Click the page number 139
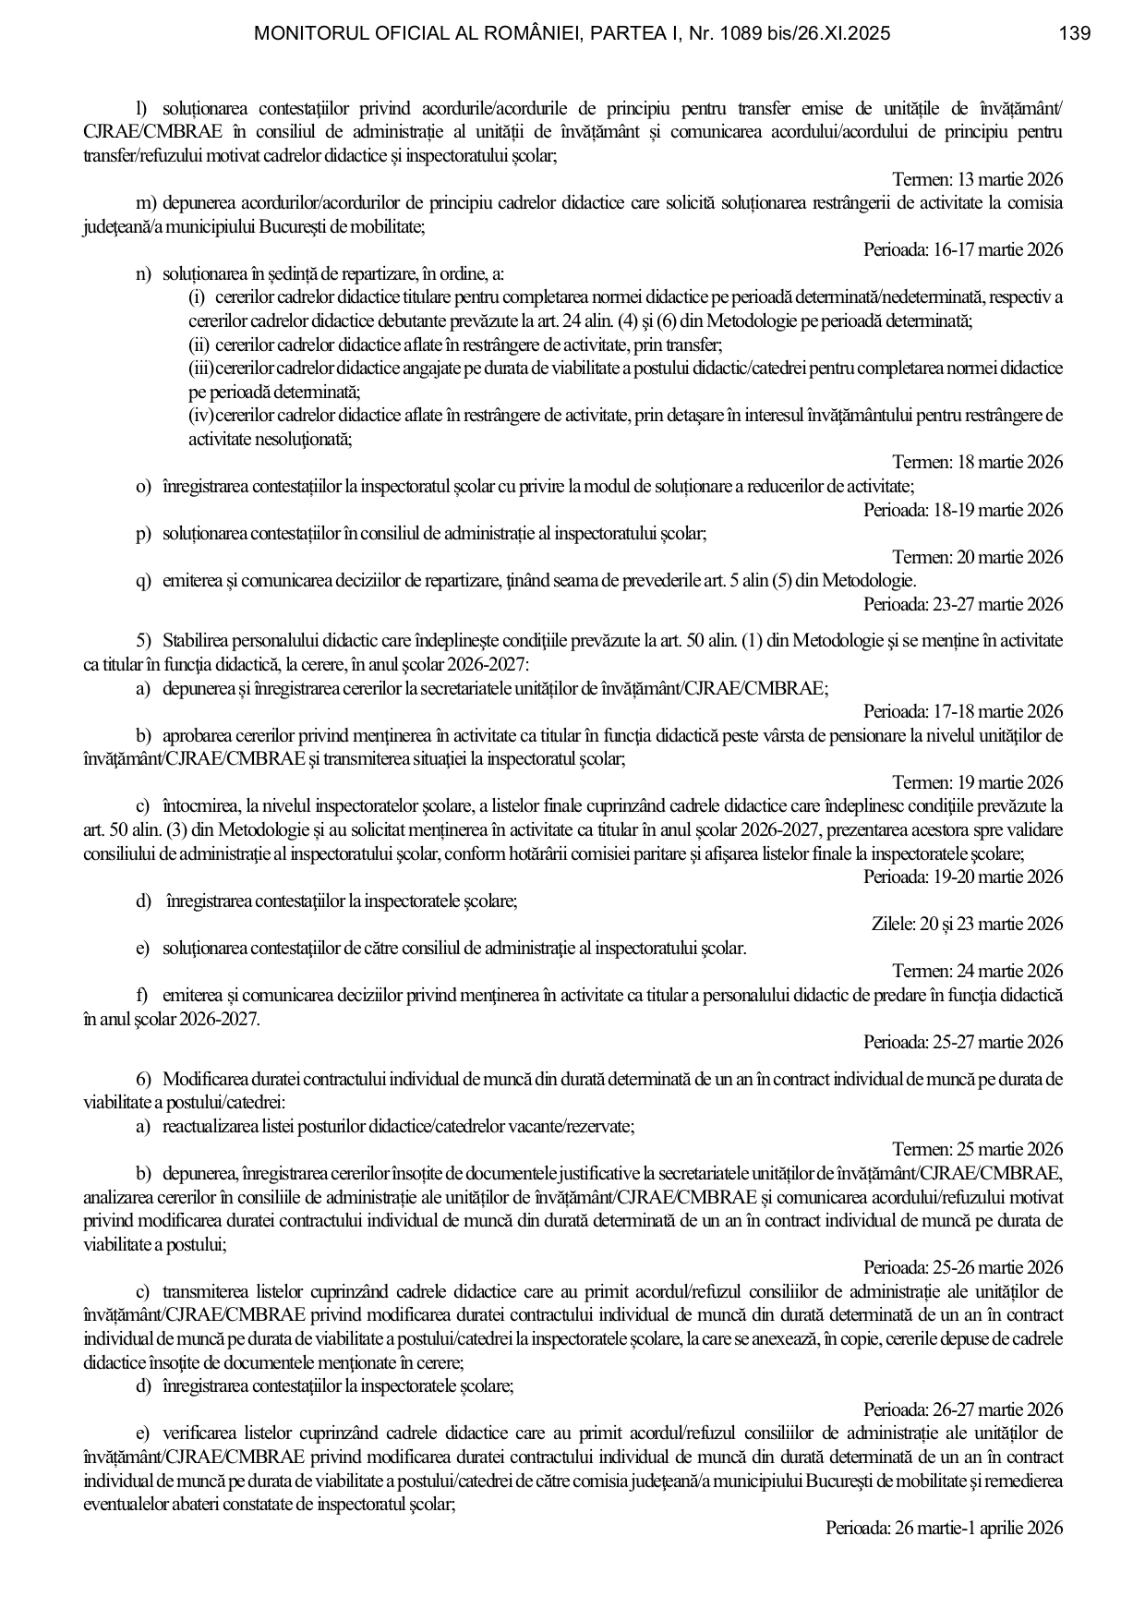(x=1075, y=34)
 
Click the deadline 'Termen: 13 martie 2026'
(x=977, y=179)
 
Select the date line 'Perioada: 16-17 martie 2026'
(x=963, y=250)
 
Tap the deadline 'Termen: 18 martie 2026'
(x=977, y=462)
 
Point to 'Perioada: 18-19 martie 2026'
(x=963, y=510)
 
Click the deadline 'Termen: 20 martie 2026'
(x=977, y=557)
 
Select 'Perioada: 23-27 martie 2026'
(x=963, y=605)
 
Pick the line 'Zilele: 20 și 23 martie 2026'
(x=967, y=924)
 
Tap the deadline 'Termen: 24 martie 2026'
(x=977, y=971)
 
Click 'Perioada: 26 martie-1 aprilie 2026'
(x=944, y=1528)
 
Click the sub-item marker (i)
(x=197, y=297)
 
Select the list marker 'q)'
(x=143, y=581)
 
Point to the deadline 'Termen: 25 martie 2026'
(x=977, y=1150)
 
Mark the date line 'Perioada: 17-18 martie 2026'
(x=963, y=712)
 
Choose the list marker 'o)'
(x=143, y=486)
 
